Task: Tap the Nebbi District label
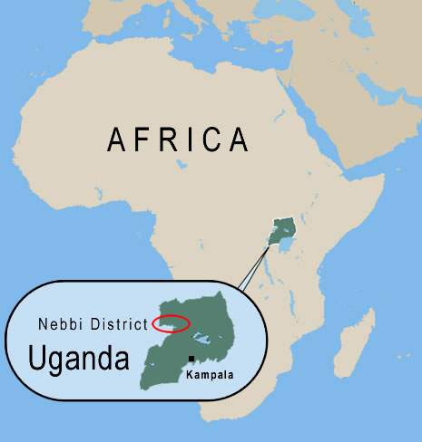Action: tap(93, 323)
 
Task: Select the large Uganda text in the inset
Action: tap(79, 357)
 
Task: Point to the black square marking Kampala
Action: tap(191, 360)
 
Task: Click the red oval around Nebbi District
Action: tap(172, 322)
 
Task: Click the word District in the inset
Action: tap(121, 323)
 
